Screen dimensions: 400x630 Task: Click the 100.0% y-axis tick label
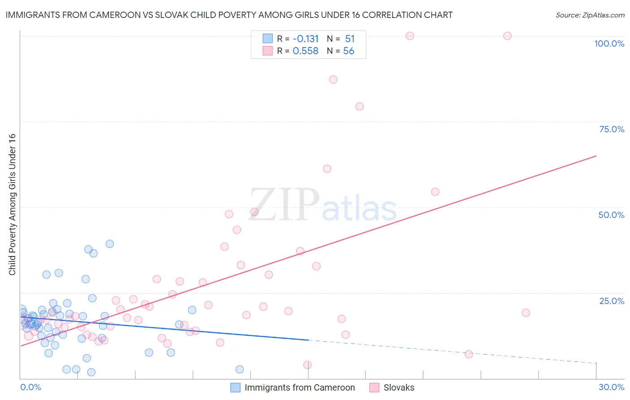pos(609,43)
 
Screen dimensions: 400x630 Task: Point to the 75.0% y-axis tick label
pos(612,129)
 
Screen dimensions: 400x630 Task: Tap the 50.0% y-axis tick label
pos(611,215)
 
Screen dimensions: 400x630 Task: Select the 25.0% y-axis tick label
pos(612,301)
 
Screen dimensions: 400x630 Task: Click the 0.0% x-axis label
pos(30,387)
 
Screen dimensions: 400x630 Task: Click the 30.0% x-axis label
pos(611,387)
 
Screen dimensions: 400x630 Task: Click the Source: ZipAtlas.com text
pos(590,15)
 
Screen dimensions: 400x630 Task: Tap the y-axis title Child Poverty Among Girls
pos(12,204)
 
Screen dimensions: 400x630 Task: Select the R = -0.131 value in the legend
pos(298,39)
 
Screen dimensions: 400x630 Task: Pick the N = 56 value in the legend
pos(341,51)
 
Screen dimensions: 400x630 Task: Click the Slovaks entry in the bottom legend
pos(398,387)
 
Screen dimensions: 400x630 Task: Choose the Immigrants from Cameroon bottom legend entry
pos(299,387)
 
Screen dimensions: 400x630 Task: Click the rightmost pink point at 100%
pos(507,36)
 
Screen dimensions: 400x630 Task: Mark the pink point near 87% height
pos(333,79)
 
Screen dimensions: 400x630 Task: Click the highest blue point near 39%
pos(110,244)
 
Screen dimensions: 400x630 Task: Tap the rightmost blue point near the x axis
pos(240,370)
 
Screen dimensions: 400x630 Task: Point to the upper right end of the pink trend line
pos(596,156)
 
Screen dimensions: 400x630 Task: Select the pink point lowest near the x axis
pos(307,365)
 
